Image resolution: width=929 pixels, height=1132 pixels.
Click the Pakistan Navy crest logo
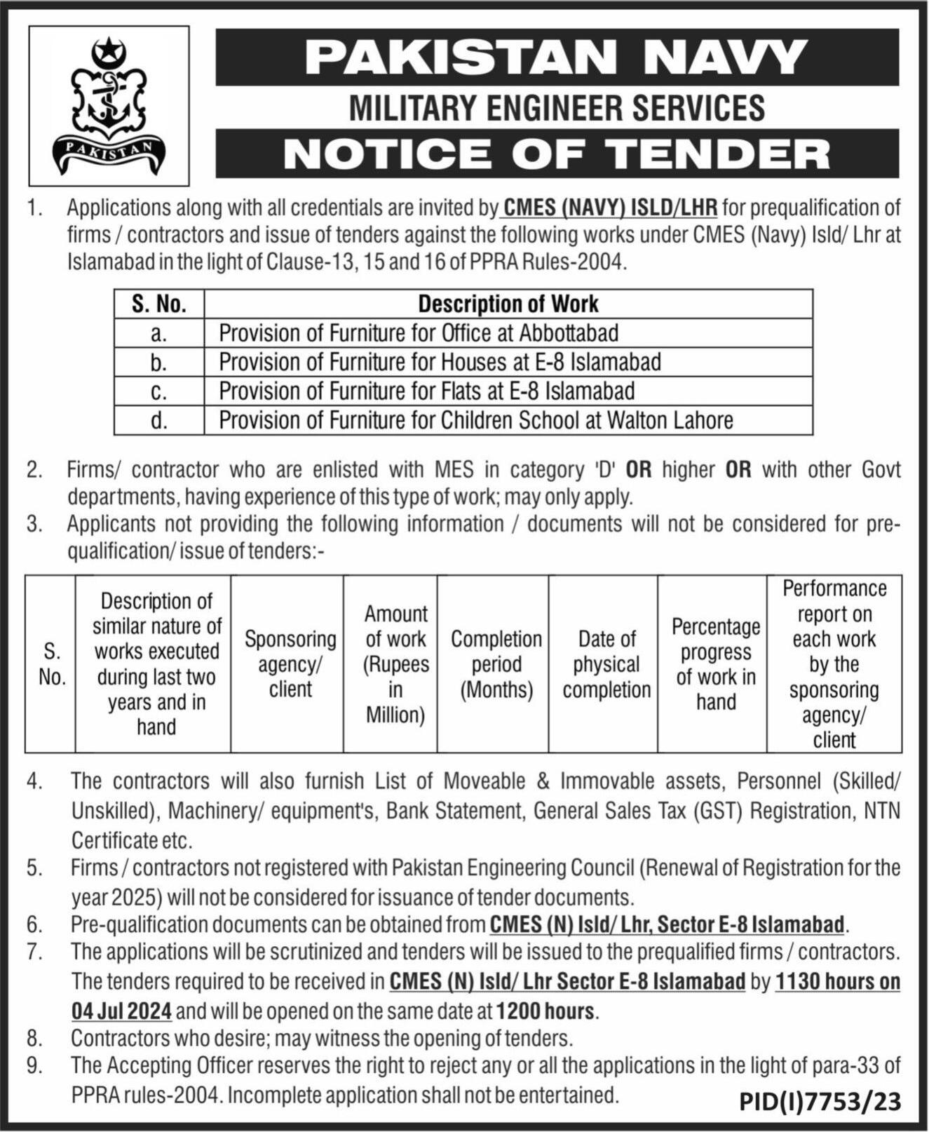109,105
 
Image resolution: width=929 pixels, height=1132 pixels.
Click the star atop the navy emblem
109,50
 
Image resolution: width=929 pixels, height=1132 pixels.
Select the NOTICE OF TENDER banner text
557,154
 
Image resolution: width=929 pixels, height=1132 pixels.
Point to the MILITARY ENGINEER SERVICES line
557,108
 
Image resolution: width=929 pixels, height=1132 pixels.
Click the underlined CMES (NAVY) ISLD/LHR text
609,208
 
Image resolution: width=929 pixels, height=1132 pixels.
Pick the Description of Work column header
508,304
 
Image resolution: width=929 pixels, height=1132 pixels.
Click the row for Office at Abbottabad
419,332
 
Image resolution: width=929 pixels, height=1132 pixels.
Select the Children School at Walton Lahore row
476,420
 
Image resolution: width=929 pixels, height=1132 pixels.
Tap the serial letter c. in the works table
159,391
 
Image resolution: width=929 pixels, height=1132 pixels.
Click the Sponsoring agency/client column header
290,663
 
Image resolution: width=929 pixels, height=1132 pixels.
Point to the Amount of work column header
395,663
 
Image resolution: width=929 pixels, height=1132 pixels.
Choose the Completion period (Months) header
496,663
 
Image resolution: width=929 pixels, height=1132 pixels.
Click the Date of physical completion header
606,663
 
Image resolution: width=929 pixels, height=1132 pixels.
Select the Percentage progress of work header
716,663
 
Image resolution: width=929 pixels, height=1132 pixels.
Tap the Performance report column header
834,663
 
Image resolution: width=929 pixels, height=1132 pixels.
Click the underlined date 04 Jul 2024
122,1011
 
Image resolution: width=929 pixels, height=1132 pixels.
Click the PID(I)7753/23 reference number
820,1101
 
